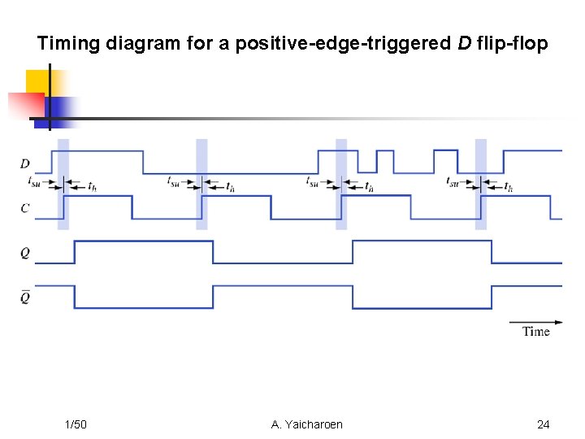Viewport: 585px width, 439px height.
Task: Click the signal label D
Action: tap(25, 163)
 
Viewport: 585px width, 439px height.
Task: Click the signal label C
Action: tap(25, 208)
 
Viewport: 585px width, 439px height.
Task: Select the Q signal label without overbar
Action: tap(25, 254)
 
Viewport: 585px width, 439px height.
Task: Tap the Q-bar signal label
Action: tap(25, 298)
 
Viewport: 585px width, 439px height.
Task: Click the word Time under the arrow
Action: tap(536, 332)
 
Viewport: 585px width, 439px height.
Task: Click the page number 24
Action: tap(544, 424)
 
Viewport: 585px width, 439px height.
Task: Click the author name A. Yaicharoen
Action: tap(307, 424)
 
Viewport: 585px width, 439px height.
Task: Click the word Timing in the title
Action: tap(68, 43)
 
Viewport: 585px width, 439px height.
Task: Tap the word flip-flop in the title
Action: tap(512, 43)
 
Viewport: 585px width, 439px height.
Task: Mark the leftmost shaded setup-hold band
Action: tap(63, 184)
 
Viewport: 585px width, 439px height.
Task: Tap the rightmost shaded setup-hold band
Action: tap(481, 184)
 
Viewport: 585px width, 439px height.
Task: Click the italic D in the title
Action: tap(464, 43)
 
